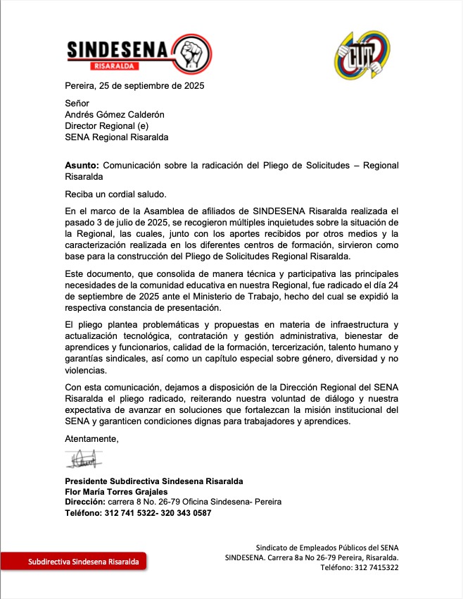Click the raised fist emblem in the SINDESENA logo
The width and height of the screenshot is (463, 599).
click(191, 54)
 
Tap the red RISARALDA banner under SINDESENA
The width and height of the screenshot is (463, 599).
click(115, 67)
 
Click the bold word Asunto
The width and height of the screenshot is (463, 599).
click(82, 166)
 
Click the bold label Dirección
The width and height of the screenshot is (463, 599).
click(84, 502)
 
